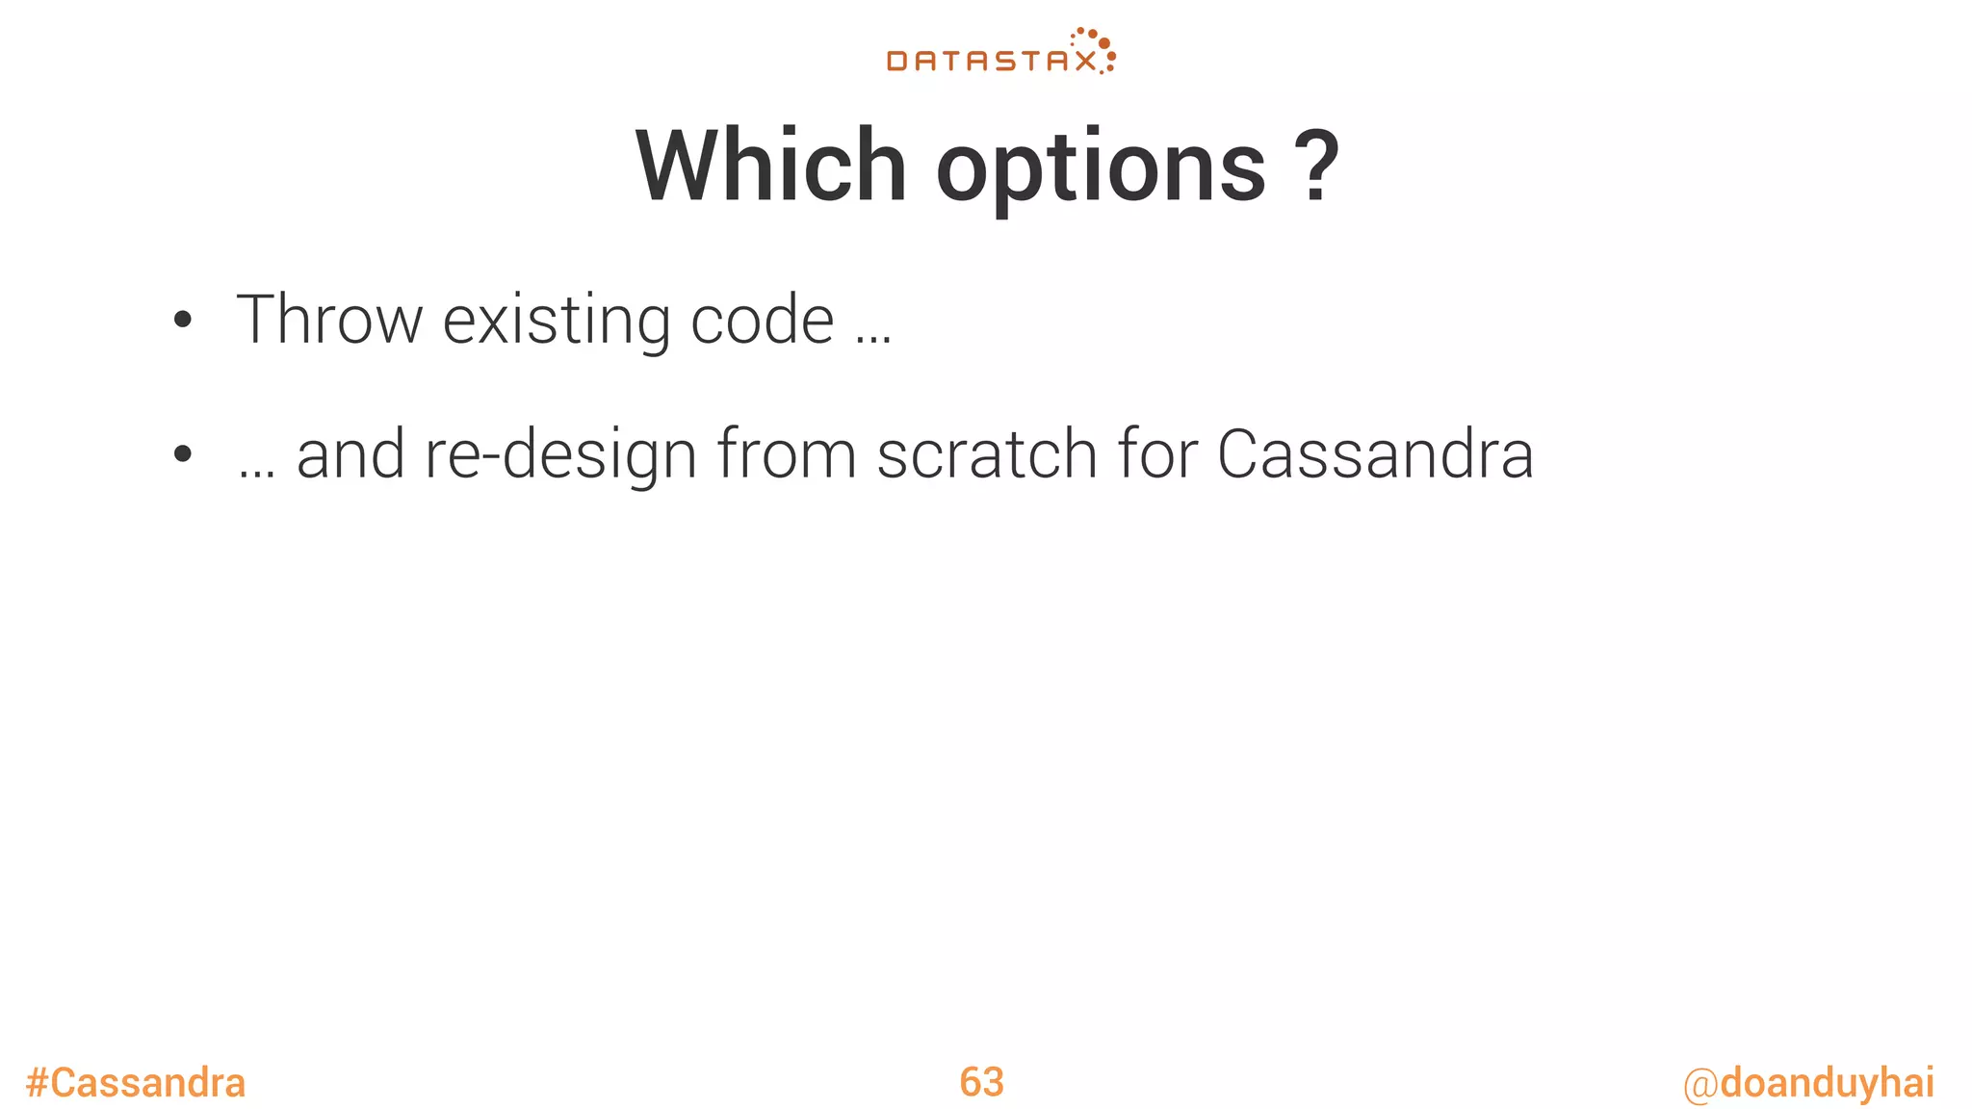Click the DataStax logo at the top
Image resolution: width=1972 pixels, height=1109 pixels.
(999, 54)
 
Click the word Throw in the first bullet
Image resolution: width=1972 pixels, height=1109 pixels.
(328, 320)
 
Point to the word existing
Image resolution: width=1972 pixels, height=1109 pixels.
(557, 322)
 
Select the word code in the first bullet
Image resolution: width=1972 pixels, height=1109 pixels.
(762, 320)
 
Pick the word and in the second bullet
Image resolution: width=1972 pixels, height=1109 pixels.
(350, 454)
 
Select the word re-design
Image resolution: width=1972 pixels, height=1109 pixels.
(560, 456)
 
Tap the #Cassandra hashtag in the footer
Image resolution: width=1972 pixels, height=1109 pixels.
(136, 1083)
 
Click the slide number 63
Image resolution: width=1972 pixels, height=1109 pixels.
(981, 1082)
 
